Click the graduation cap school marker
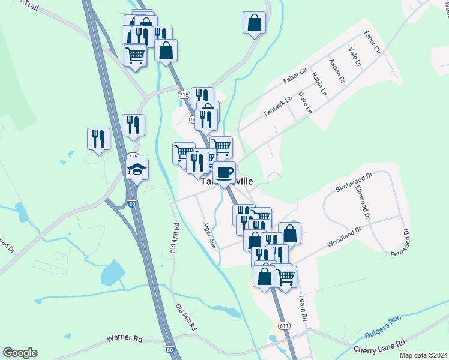pyautogui.click(x=137, y=170)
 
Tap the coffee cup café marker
pyautogui.click(x=224, y=172)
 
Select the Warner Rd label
pyautogui.click(x=124, y=339)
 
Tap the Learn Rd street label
pyautogui.click(x=302, y=307)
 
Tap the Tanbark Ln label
pyautogui.click(x=277, y=106)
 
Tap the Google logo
pyautogui.click(x=20, y=352)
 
